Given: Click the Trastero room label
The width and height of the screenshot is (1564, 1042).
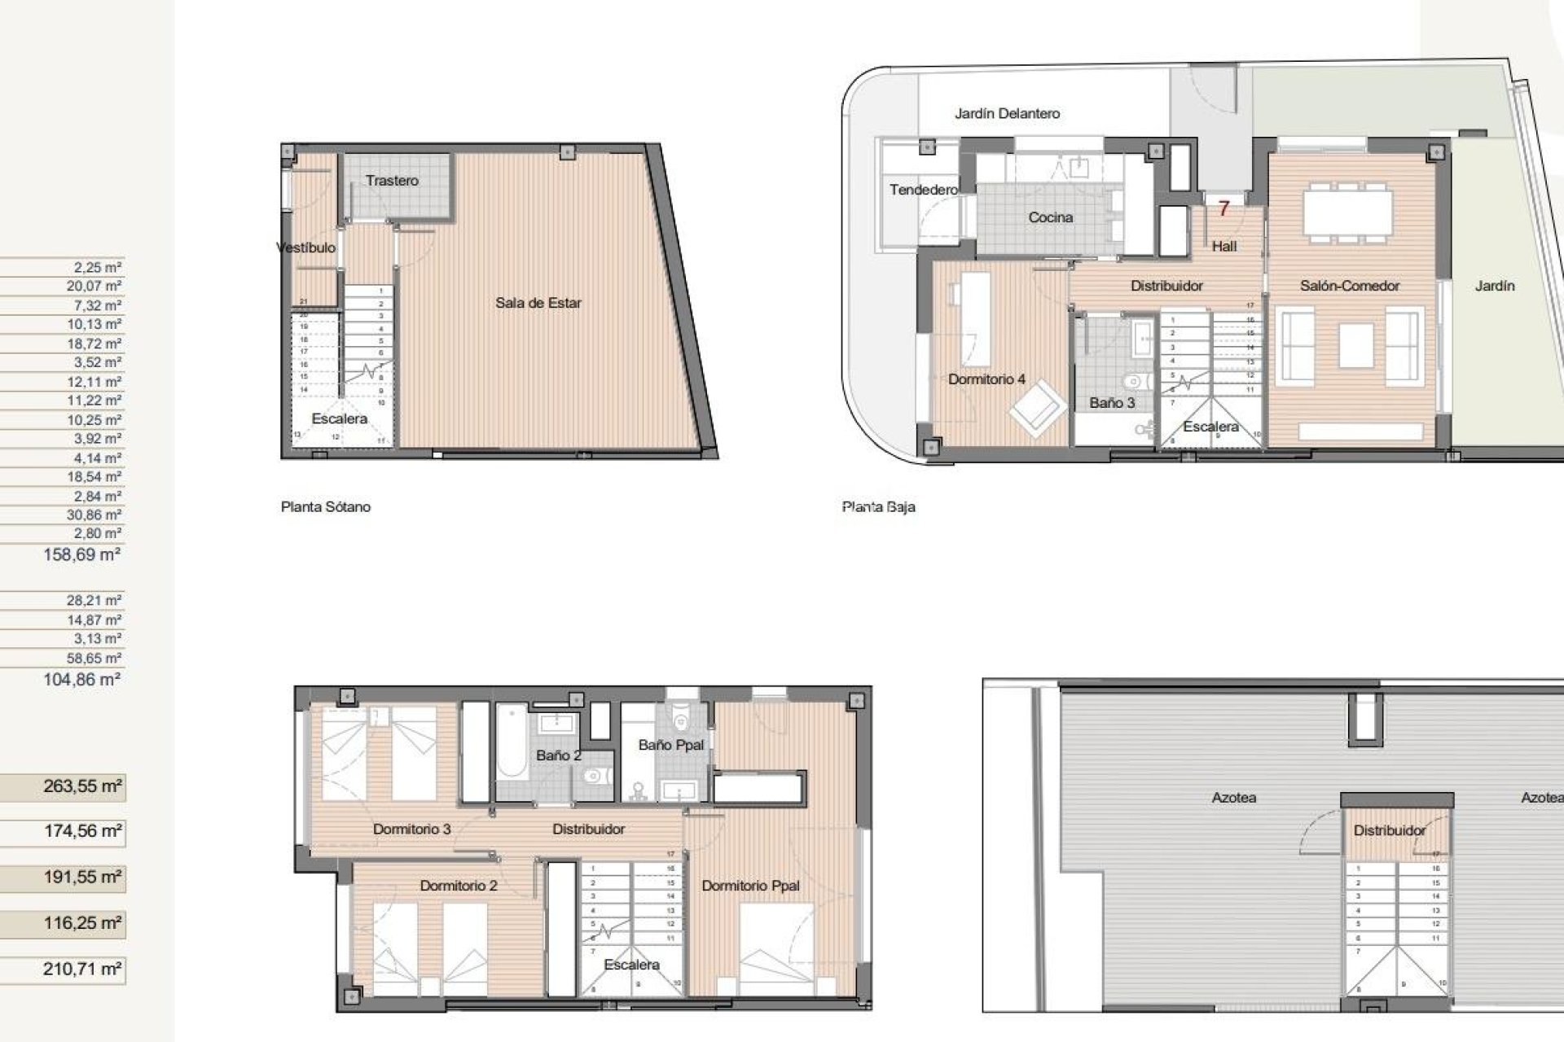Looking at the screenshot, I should tap(392, 181).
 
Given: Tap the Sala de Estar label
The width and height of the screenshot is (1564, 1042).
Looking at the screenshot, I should tap(538, 303).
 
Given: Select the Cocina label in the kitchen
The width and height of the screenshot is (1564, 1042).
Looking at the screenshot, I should tap(1050, 217).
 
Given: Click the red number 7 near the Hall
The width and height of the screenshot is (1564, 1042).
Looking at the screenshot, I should tap(1223, 209).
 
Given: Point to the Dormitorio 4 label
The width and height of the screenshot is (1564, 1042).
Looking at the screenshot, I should tap(986, 379).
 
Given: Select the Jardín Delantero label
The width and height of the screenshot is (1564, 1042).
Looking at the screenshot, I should tap(1007, 114).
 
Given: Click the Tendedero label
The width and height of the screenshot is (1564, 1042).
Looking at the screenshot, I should tap(923, 190).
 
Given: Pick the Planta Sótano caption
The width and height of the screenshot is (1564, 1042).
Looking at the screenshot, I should tap(325, 506).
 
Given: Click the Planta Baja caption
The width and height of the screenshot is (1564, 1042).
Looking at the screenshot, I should tap(878, 506).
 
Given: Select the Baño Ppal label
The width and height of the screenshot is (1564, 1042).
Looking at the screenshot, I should tap(670, 745).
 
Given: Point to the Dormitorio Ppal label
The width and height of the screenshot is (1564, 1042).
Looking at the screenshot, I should tap(750, 886).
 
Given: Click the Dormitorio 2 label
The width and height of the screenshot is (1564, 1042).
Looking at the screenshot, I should tap(458, 886).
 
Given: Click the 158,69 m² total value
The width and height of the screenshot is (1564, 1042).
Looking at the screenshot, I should tap(81, 554).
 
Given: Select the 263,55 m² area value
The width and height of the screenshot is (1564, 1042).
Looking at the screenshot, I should tap(81, 786).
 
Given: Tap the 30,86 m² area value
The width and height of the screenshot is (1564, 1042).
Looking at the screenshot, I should tap(94, 514).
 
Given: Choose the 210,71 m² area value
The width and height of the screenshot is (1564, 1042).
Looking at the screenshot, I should tap(81, 969).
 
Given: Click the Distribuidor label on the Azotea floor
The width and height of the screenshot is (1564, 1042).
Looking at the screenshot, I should tap(1389, 830).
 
